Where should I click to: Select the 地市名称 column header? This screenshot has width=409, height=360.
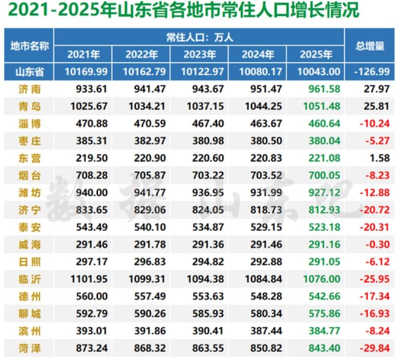(29, 46)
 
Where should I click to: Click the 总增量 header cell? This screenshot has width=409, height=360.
(370, 46)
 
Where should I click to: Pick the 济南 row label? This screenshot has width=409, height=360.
(29, 89)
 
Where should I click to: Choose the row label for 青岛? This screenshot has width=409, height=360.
(29, 106)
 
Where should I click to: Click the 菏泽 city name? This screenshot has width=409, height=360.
(29, 348)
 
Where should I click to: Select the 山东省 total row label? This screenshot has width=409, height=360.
(29, 72)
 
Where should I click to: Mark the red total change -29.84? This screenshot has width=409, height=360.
(374, 348)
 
